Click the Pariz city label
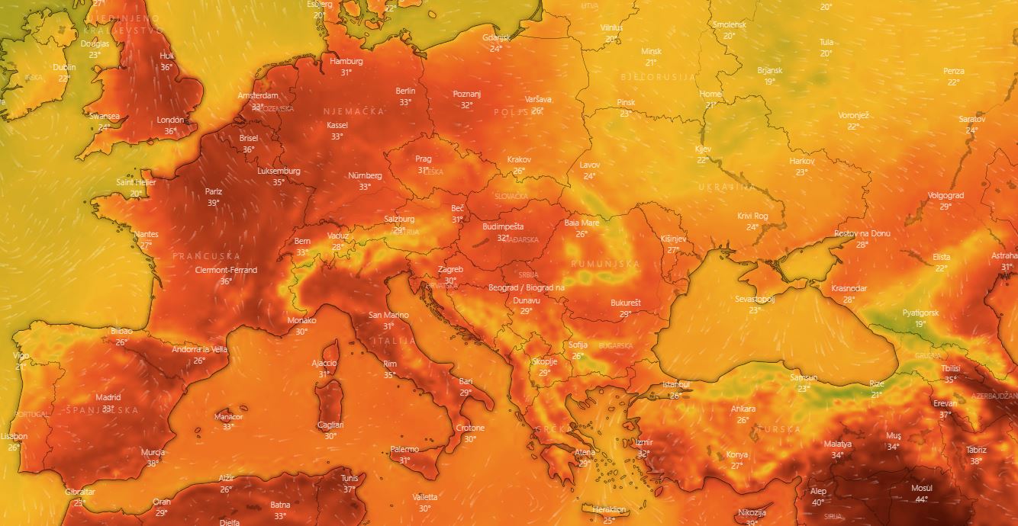coord(213,191)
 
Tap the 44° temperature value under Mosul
coord(921,499)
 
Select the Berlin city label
coord(406,91)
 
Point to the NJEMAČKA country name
coord(353,111)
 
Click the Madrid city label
coord(108,397)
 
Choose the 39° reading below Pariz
coord(213,203)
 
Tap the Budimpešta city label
coord(503,226)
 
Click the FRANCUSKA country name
coord(206,256)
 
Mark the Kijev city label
coord(703,149)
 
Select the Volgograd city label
coord(946,195)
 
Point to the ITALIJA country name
coord(393,341)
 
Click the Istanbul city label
coord(675,384)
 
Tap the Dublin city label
coord(65,66)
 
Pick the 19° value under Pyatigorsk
coord(920,324)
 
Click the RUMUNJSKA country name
coord(605,264)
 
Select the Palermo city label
coord(404,449)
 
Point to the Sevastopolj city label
coord(755,299)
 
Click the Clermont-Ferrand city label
coord(226,270)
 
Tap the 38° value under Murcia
coord(153,463)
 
